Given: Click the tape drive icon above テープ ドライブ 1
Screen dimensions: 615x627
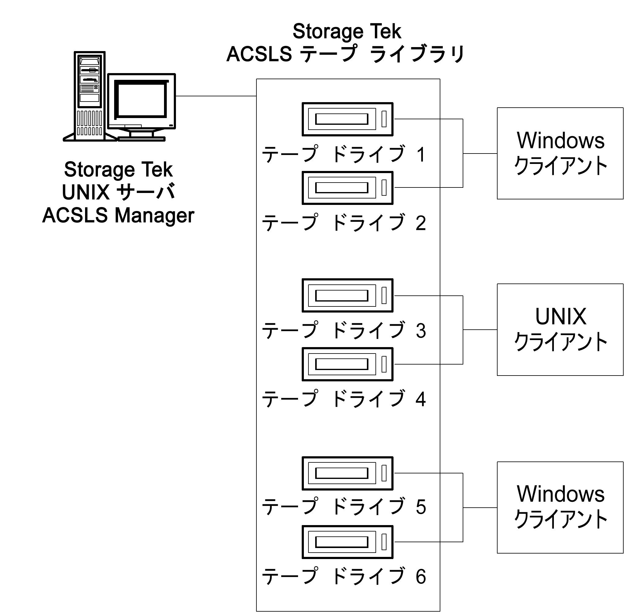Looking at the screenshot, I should pos(347,119).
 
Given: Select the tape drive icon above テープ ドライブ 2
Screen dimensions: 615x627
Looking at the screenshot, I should pos(347,188).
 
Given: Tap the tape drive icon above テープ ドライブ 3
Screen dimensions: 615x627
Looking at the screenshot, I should pos(347,295).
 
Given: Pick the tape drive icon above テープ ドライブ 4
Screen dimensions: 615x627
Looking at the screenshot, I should pos(347,364).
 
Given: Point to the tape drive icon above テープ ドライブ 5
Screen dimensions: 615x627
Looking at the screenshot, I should pos(347,473).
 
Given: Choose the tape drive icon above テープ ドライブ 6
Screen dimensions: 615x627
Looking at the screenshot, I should pos(347,542).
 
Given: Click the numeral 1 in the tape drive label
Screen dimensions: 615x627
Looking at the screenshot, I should pos(420,154).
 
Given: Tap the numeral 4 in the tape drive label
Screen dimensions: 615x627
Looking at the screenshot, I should pos(420,399).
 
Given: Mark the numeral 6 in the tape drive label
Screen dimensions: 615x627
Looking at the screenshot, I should pos(420,576).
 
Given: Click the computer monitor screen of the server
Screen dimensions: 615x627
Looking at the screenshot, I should pos(141,100).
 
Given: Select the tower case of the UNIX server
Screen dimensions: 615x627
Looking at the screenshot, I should pos(90,96).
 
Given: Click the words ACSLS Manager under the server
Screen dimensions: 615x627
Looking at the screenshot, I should pos(118,215).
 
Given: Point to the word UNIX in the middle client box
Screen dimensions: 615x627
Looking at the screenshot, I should pos(560,317).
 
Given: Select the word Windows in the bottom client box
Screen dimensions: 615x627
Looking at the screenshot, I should pos(560,494).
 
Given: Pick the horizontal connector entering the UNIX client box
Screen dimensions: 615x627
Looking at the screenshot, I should pos(480,330).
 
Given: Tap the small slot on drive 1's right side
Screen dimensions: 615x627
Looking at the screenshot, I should pos(384,119).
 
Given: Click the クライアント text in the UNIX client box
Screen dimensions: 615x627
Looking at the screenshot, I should pos(560,342).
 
